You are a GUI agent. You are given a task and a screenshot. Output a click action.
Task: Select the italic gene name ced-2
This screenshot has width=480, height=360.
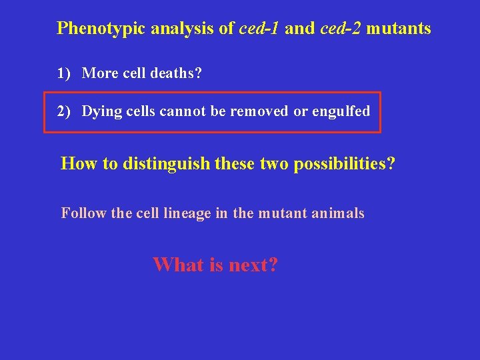tap(341, 29)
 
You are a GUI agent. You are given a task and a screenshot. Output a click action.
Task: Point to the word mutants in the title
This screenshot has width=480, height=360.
tap(399, 29)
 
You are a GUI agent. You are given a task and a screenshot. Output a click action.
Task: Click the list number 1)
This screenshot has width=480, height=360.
tap(64, 73)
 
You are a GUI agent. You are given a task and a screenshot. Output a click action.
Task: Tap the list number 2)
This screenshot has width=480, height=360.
tap(64, 111)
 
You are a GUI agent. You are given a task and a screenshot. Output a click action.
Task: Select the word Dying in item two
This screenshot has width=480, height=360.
tap(99, 111)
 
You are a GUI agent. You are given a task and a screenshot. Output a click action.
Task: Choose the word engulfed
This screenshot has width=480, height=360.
tap(341, 111)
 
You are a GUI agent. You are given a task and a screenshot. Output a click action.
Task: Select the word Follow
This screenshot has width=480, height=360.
tap(79, 213)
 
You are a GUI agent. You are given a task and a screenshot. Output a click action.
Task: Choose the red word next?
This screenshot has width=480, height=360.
tap(253, 265)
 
